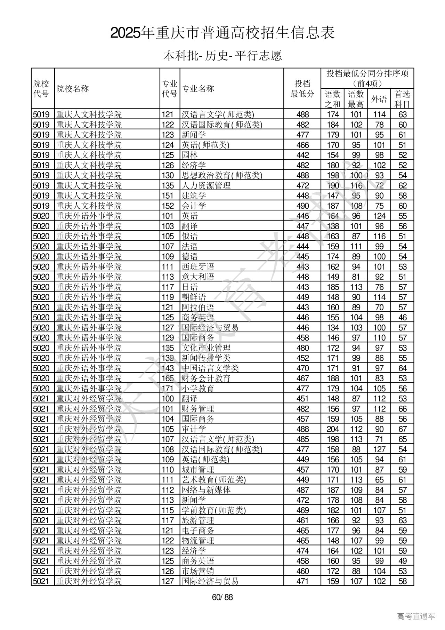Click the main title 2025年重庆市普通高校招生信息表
222,33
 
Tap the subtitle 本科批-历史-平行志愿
222,56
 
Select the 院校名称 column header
73,89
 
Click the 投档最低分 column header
302,89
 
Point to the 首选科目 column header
402,99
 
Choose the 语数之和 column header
333,99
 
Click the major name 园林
190,155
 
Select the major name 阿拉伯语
198,307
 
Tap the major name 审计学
194,429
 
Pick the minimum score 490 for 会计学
302,206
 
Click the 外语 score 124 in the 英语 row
379,216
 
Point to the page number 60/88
222,597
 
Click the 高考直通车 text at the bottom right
416,616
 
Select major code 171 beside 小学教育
168,389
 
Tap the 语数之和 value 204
333,429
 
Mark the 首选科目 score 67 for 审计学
403,429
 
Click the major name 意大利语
198,277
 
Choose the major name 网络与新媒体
206,490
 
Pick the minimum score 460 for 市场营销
302,571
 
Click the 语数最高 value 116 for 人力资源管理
356,185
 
